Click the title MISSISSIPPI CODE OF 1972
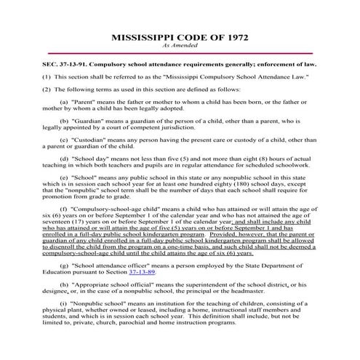[x=180, y=36]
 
